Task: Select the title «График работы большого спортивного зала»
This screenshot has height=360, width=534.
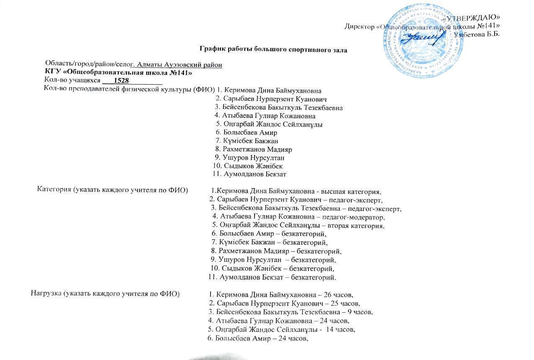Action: click(x=273, y=50)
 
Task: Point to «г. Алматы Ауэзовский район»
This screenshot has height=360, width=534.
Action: click(x=176, y=65)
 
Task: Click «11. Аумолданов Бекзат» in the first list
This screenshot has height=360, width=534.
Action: click(x=250, y=174)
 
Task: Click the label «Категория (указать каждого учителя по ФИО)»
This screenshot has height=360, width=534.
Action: click(x=112, y=189)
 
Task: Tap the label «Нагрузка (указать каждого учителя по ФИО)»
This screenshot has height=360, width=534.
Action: click(x=105, y=293)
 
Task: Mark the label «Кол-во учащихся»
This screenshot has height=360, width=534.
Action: click(x=72, y=80)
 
